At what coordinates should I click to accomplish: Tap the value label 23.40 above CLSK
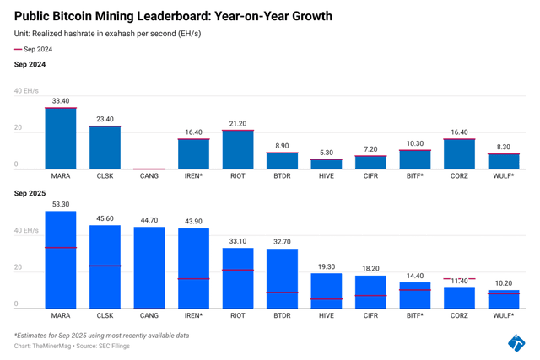(105, 119)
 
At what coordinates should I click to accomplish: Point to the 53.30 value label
(61, 204)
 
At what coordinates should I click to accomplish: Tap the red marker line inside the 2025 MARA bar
(61, 248)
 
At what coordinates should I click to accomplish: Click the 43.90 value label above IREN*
(193, 222)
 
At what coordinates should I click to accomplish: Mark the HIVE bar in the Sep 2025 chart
(326, 291)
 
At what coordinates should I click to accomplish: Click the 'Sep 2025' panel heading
(30, 194)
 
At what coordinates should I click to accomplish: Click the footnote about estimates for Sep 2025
(101, 336)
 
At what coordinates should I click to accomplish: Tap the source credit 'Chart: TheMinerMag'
(47, 346)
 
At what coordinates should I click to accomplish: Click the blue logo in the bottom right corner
(516, 342)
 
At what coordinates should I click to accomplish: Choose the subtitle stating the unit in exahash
(107, 34)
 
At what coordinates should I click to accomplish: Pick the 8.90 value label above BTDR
(282, 146)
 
